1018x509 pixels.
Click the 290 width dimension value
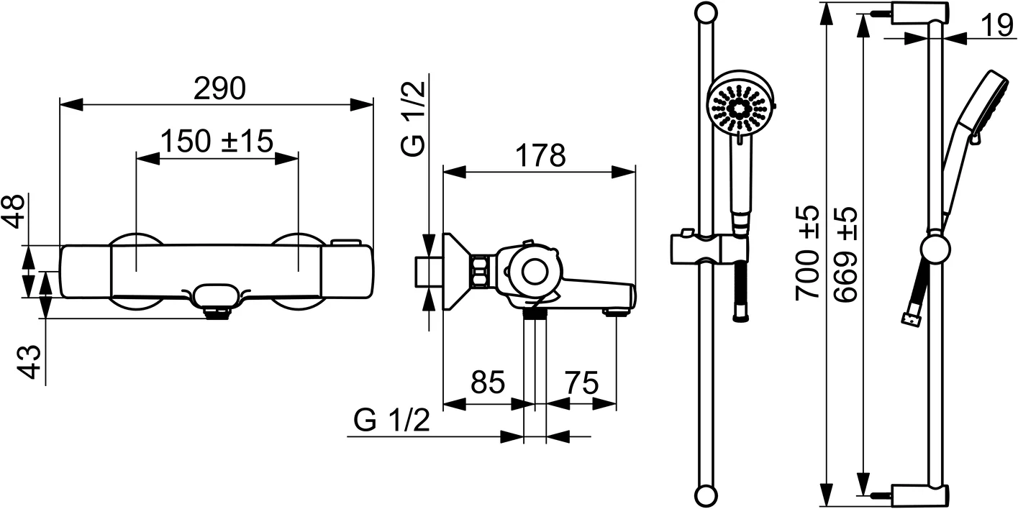click(x=220, y=88)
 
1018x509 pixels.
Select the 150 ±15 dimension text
click(x=217, y=141)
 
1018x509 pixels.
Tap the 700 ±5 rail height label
click(x=807, y=252)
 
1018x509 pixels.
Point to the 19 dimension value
click(x=996, y=26)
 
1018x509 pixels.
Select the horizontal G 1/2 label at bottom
click(x=392, y=420)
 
